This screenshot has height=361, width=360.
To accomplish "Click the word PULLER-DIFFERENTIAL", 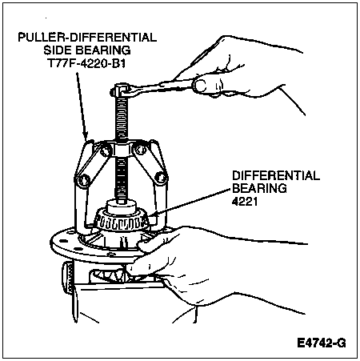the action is click(87, 38).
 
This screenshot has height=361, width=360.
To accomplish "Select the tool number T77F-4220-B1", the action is click(86, 63).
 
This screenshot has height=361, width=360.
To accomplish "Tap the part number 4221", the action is click(245, 202).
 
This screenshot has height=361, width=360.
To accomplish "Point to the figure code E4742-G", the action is click(322, 343).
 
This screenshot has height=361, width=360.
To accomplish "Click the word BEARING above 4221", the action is click(259, 189).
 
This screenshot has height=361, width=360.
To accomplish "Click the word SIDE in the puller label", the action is click(58, 50).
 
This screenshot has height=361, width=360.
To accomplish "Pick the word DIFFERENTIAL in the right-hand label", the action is click(276, 176).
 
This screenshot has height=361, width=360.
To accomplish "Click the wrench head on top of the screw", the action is click(121, 90).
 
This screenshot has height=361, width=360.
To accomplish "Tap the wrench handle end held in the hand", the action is click(201, 86).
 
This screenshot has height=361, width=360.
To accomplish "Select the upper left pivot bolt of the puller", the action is click(104, 151).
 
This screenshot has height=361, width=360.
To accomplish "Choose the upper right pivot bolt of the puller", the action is click(140, 150).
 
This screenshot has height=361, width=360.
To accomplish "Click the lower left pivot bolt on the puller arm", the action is click(85, 180).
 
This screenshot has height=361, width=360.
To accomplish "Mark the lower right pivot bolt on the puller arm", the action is click(159, 177).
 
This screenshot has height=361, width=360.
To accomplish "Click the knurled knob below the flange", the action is click(67, 278).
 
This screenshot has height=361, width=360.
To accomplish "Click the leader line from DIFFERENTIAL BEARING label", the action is click(190, 202).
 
